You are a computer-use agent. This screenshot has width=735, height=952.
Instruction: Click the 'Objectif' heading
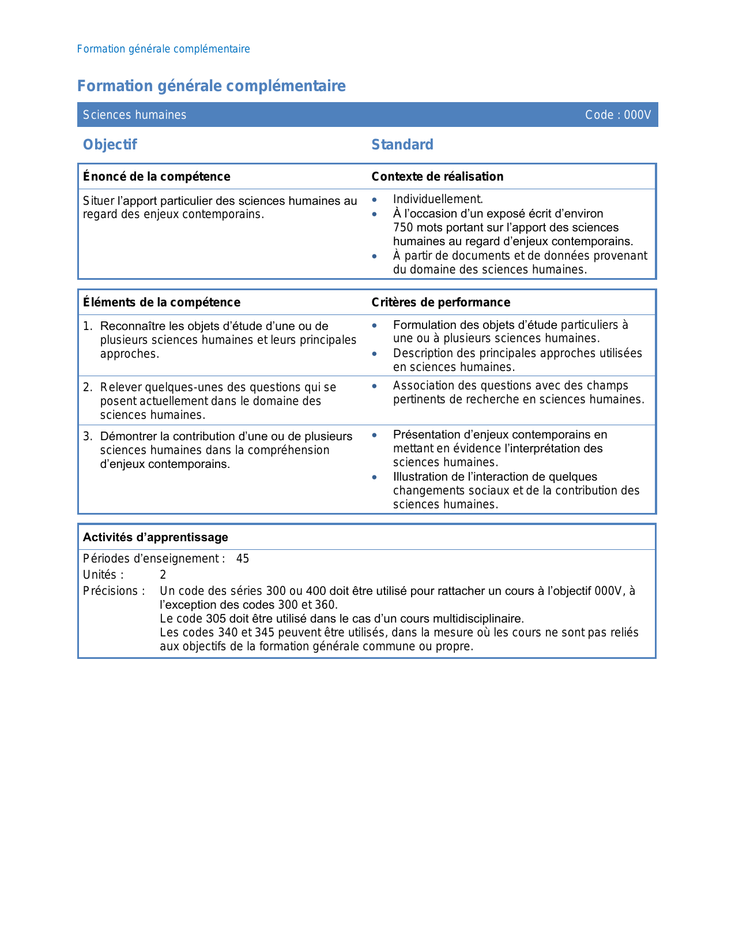point(110,144)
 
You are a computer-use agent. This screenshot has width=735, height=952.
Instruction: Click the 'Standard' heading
point(402,144)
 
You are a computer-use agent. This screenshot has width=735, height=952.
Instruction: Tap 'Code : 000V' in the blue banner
point(617,115)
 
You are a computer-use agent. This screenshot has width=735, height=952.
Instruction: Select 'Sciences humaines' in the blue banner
point(134,115)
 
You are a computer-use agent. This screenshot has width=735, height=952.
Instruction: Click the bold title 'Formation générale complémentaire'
point(211,86)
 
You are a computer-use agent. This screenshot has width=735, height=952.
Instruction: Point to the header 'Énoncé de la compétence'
point(156,177)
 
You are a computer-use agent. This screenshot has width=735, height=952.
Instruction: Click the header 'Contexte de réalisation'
point(437,177)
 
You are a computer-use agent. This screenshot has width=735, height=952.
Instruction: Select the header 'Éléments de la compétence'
point(161,302)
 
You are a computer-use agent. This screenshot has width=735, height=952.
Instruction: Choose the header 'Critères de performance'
point(440,302)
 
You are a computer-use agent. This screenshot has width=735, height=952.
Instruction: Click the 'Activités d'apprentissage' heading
point(155,537)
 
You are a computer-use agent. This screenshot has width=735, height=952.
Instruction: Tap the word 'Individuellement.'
point(438,199)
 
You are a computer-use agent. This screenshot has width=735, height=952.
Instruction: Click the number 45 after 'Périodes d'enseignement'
point(243,559)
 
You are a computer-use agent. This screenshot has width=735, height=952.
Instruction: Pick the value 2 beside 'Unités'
point(163,575)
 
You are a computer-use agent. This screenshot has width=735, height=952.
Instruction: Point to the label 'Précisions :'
point(114,591)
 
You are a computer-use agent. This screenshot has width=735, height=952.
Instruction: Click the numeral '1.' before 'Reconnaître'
point(88,326)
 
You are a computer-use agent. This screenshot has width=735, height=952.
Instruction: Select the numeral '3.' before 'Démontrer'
point(88,436)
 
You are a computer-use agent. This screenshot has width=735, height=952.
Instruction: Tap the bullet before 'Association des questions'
point(375,385)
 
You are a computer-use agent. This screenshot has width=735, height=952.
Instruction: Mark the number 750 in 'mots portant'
point(404,227)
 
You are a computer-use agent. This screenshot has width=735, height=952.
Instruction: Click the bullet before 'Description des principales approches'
point(375,353)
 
